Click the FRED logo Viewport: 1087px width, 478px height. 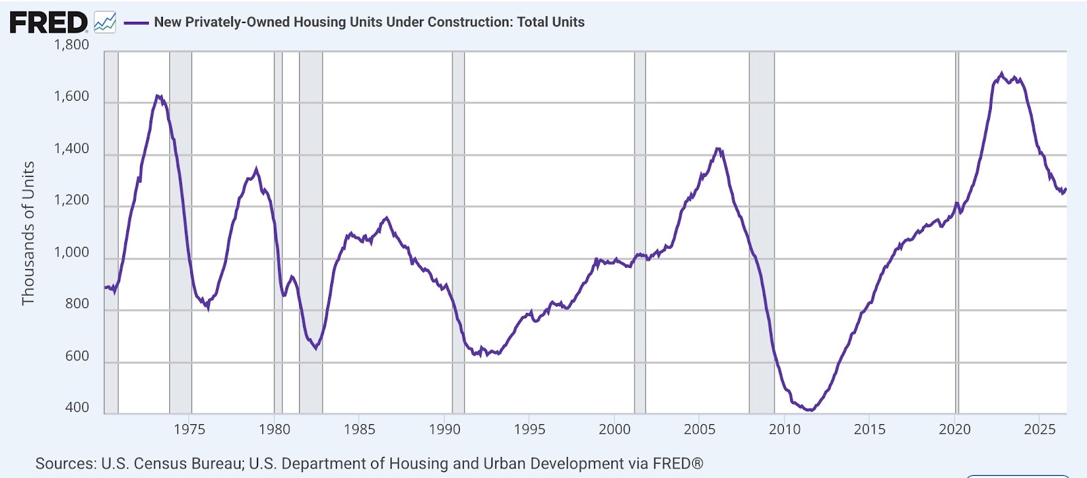coord(48,22)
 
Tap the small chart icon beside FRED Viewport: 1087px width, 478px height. coord(105,22)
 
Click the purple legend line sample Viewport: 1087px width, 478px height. coord(137,22)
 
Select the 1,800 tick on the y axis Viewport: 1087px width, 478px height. coord(71,45)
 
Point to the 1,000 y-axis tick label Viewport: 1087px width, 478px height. coord(71,253)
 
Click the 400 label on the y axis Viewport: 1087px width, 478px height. coord(77,407)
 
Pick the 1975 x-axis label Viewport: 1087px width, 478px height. coord(190,430)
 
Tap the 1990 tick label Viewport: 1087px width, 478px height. coord(444,430)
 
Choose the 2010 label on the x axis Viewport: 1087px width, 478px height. coord(785,430)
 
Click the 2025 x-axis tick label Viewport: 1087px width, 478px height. coord(1039,430)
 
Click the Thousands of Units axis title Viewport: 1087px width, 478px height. coord(28,233)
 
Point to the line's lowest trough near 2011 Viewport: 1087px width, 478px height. coord(810,410)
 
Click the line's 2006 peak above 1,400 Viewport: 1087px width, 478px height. coord(718,149)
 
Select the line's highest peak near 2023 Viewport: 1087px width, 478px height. coord(1001,74)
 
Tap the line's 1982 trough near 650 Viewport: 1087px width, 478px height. coord(316,348)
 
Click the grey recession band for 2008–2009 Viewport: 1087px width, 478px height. coord(762,232)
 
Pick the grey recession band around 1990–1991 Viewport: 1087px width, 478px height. coord(459,232)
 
